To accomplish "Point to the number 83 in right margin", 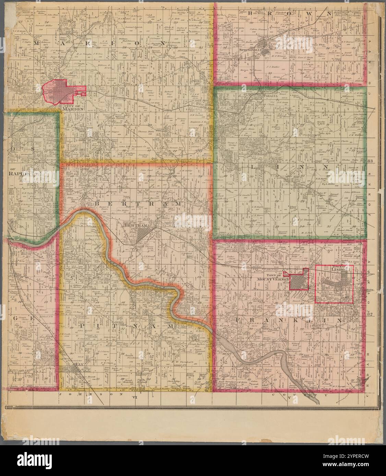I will [370, 161].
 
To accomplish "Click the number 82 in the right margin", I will [370, 314].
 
